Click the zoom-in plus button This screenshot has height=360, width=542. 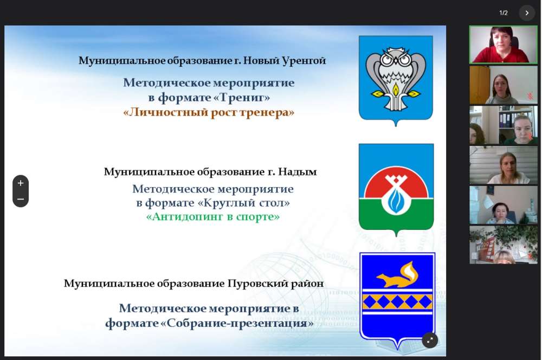pos(21,183)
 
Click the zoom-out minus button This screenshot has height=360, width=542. pos(21,199)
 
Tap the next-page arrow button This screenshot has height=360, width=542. pos(527,13)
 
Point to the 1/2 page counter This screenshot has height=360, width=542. pos(504,13)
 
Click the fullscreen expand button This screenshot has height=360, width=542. pos(430,340)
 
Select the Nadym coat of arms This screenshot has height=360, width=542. pos(396,190)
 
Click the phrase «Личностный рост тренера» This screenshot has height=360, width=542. pos(209,112)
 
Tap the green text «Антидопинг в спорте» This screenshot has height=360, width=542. pos(213,217)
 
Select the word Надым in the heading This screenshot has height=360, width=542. pos(298,172)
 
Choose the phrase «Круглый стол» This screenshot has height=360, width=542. pos(244,203)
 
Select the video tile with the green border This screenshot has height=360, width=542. pos(504,44)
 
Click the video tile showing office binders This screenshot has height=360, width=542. pos(504,125)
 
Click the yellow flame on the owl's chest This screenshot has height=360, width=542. pos(396,90)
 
